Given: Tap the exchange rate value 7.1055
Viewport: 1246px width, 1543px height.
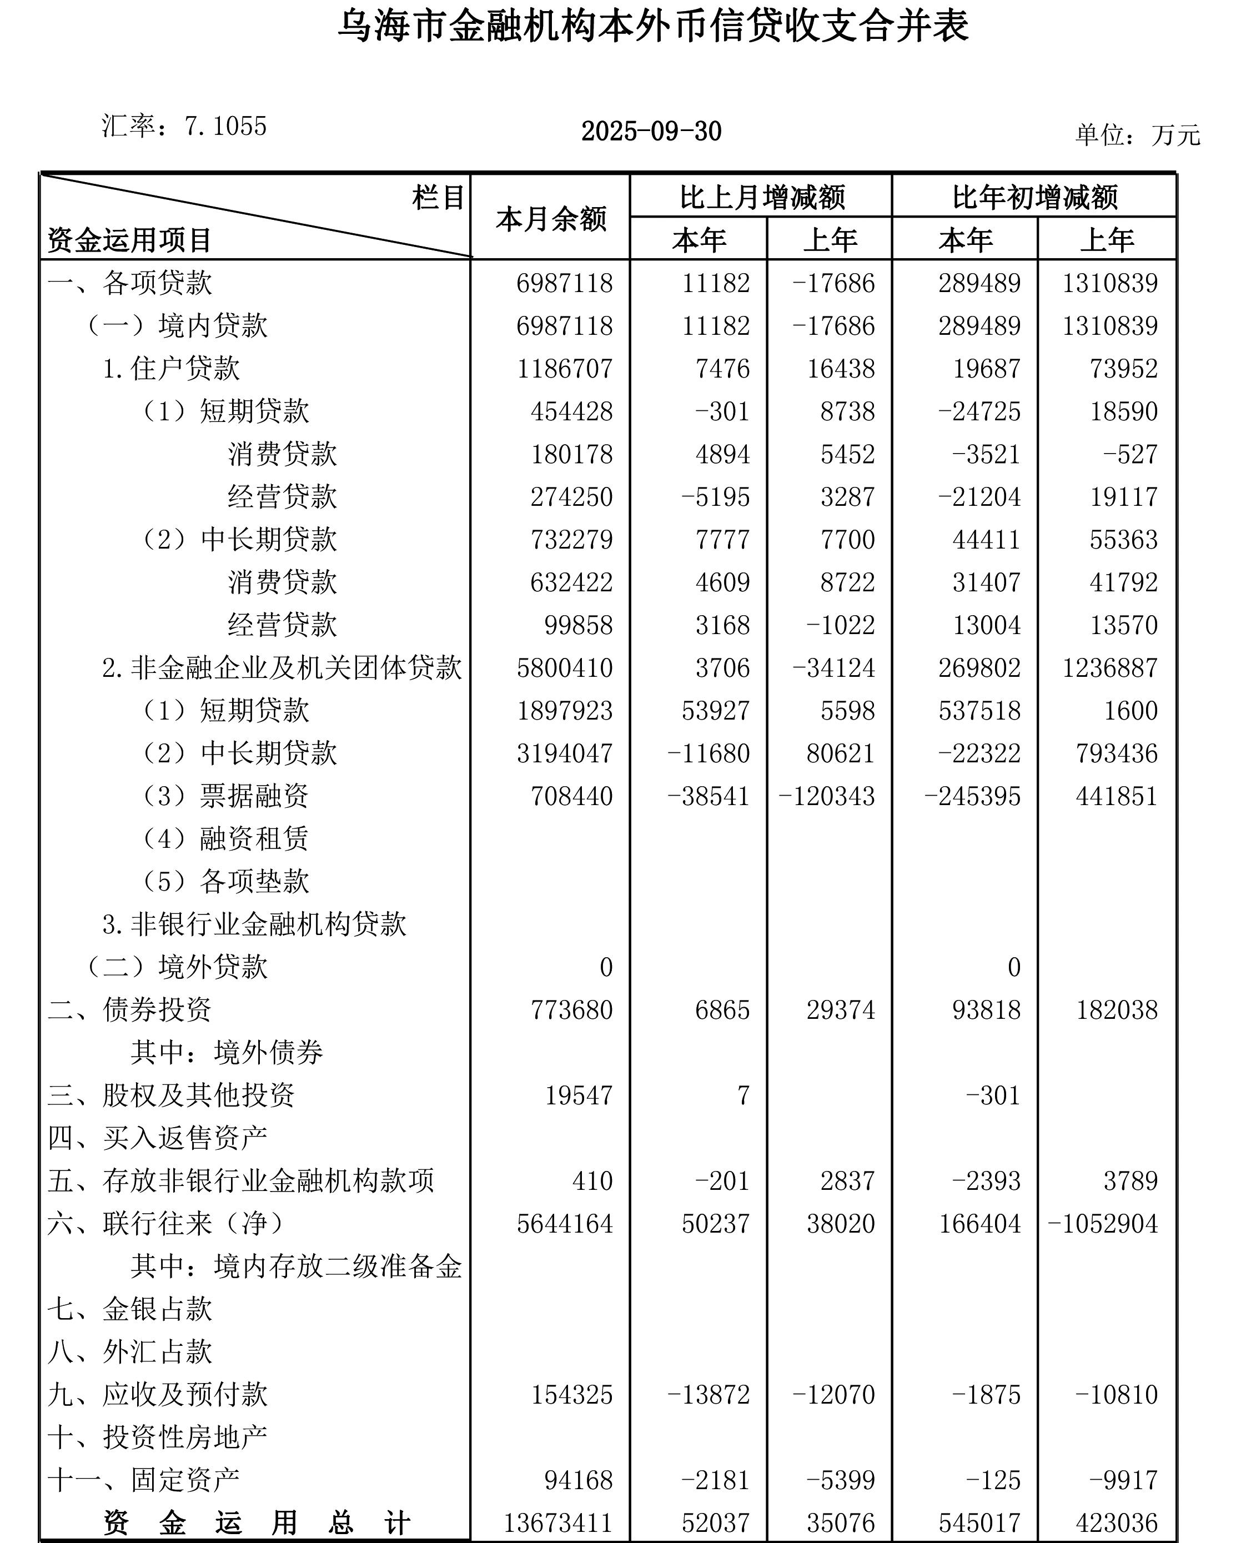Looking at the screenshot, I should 225,126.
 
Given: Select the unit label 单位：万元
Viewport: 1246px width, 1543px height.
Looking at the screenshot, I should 1137,135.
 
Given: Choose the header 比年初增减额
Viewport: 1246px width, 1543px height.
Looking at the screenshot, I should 1035,197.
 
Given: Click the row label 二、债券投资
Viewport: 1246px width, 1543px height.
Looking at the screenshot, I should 130,1010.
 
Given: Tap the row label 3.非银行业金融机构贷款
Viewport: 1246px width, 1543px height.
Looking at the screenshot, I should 254,924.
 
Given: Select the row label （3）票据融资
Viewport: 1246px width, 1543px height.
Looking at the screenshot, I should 225,796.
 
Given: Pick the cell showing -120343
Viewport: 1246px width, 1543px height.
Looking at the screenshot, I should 827,796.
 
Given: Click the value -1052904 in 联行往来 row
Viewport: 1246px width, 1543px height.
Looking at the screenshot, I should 1103,1224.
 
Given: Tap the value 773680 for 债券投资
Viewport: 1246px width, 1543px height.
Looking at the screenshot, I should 571,1010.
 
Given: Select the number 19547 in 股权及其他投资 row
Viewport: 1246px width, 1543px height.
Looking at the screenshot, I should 579,1095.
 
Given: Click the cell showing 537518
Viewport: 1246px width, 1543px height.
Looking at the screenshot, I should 979,711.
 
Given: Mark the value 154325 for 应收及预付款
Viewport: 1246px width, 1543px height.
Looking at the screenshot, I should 571,1394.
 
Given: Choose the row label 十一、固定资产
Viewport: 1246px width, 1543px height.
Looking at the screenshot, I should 144,1480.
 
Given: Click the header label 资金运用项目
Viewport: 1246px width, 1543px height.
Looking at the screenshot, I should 129,240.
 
